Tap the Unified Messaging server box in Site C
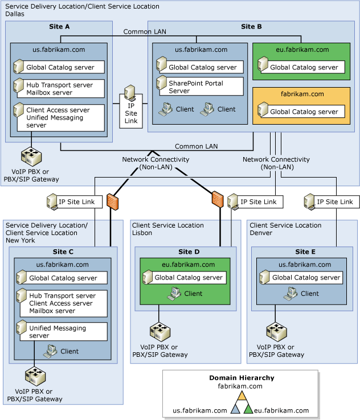click(61, 331)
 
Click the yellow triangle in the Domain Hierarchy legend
click(242, 396)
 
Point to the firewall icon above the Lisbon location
click(216, 199)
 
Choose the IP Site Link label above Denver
click(334, 201)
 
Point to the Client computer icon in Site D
click(174, 294)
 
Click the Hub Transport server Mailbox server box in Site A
click(59, 88)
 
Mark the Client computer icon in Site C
click(50, 351)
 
